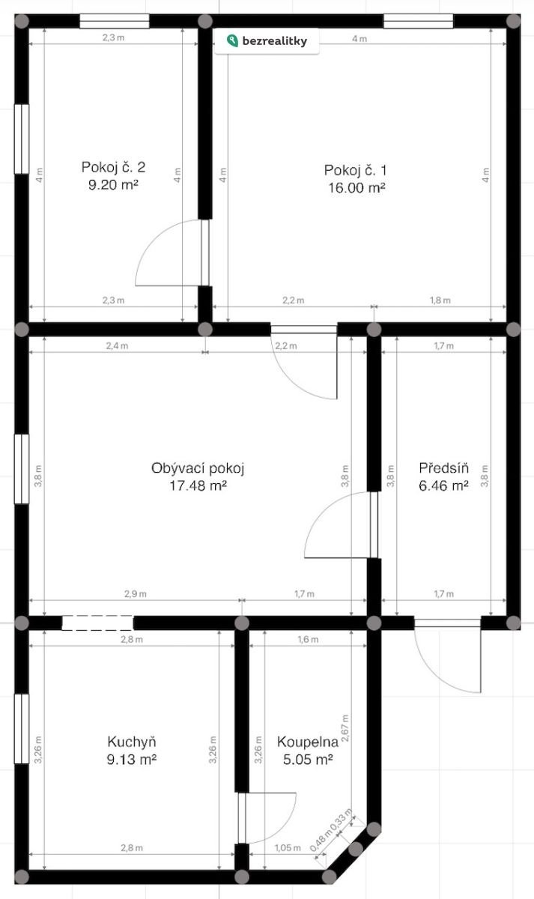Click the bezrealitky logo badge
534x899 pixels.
pyautogui.click(x=267, y=41)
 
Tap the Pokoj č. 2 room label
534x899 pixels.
pyautogui.click(x=113, y=167)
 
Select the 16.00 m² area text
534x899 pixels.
pyautogui.click(x=357, y=188)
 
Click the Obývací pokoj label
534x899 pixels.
pyautogui.click(x=198, y=468)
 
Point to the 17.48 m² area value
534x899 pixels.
pyautogui.click(x=198, y=485)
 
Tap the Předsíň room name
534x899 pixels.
pyautogui.click(x=443, y=467)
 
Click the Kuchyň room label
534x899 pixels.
pyautogui.click(x=132, y=742)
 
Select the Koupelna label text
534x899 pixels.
pyautogui.click(x=308, y=742)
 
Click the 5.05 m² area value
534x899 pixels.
pyautogui.click(x=308, y=760)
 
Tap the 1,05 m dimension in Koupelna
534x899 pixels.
pyautogui.click(x=288, y=848)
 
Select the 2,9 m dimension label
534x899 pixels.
pyautogui.click(x=136, y=593)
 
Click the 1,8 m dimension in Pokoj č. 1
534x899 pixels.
pyautogui.click(x=440, y=300)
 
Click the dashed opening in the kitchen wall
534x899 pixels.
pyautogui.click(x=97, y=623)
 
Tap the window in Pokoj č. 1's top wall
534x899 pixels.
pyautogui.click(x=419, y=21)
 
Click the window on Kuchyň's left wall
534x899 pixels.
pyautogui.click(x=22, y=728)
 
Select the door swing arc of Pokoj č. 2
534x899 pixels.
pyautogui.click(x=168, y=252)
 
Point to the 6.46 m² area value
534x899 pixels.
pyautogui.click(x=443, y=485)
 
